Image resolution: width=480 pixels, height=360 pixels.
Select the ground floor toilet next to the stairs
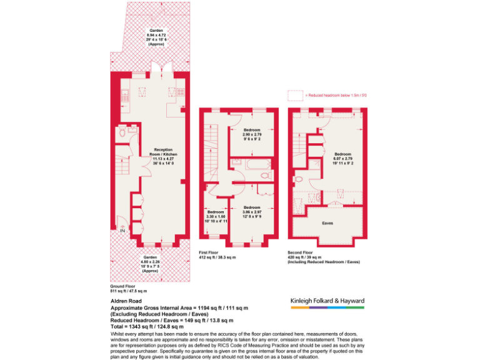pyautogui.click(x=131, y=132)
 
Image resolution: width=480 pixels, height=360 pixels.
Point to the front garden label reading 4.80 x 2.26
pyautogui.click(x=150, y=263)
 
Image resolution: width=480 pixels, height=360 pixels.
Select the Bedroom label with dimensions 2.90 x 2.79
pyautogui.click(x=252, y=136)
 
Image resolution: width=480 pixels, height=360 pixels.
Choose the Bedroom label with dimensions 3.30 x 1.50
pyautogui.click(x=216, y=216)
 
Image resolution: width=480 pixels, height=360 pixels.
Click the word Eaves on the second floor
pyautogui.click(x=327, y=223)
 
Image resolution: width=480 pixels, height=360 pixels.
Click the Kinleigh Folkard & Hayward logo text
pyautogui.click(x=327, y=301)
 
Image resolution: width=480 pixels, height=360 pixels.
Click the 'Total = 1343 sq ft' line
pyautogui.click(x=147, y=326)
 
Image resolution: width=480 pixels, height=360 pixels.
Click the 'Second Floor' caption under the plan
pyautogui.click(x=301, y=252)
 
